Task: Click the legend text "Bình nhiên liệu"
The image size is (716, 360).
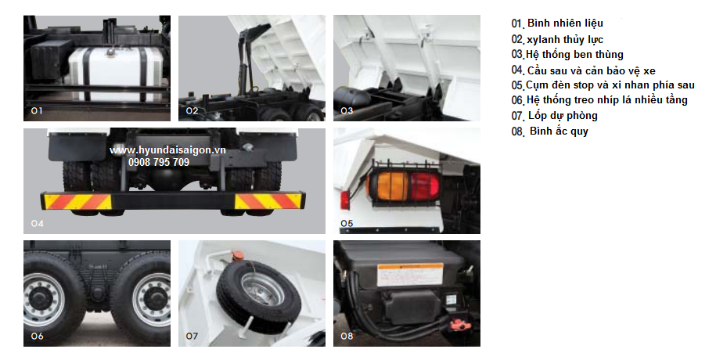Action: (x=565, y=23)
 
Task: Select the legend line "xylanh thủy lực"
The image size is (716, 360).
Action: (x=565, y=40)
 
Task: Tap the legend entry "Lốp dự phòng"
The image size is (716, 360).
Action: (x=563, y=116)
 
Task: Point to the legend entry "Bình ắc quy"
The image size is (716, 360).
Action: (x=559, y=131)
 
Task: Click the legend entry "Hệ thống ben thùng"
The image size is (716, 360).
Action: (x=574, y=54)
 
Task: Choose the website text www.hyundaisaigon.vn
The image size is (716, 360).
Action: (x=167, y=150)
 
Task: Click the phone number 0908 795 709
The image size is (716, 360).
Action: (x=159, y=162)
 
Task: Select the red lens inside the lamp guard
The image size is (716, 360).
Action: (x=424, y=186)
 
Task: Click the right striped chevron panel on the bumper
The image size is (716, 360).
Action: (x=269, y=201)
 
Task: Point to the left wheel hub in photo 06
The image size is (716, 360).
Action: (x=44, y=300)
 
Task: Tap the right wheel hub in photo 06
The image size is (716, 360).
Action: (x=152, y=300)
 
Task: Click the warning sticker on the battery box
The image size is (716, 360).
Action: (x=409, y=275)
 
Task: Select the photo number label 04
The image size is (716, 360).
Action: (x=37, y=223)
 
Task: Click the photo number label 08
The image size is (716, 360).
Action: (x=347, y=337)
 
